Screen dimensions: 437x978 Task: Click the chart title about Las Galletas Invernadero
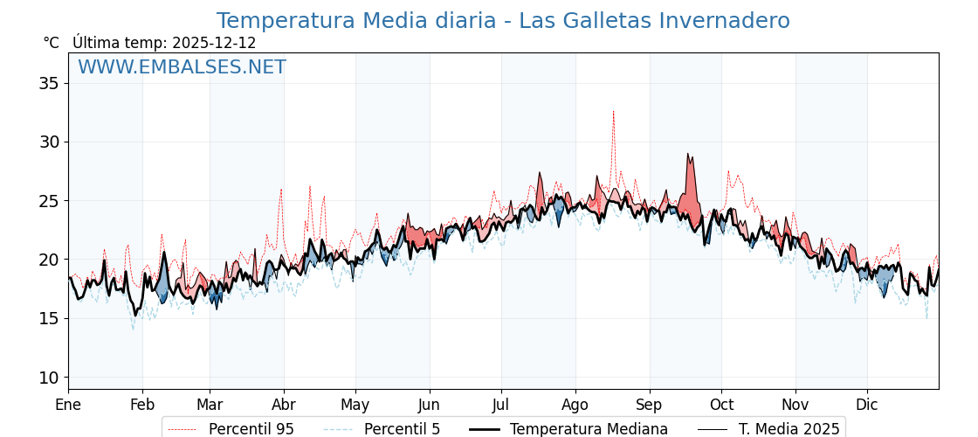coord(503,21)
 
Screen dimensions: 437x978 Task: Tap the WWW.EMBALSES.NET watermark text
coord(182,67)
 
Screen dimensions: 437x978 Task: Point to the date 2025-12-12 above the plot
coord(214,43)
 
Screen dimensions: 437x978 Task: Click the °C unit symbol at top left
coord(51,43)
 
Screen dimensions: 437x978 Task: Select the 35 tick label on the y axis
coord(49,83)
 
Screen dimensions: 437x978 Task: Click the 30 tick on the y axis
coord(49,142)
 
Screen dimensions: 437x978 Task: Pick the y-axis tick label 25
coord(49,201)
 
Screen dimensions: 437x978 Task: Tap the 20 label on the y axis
coord(49,260)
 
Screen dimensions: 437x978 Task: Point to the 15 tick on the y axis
coord(49,318)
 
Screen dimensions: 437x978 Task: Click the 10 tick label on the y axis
coord(49,378)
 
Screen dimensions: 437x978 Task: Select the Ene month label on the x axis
coord(68,405)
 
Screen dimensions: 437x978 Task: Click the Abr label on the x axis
coord(284,405)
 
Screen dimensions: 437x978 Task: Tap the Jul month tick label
coord(501,405)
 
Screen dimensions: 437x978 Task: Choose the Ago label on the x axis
coord(575,405)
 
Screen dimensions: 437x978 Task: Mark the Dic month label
coord(867,405)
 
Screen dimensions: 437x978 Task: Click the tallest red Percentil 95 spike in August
coord(613,113)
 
